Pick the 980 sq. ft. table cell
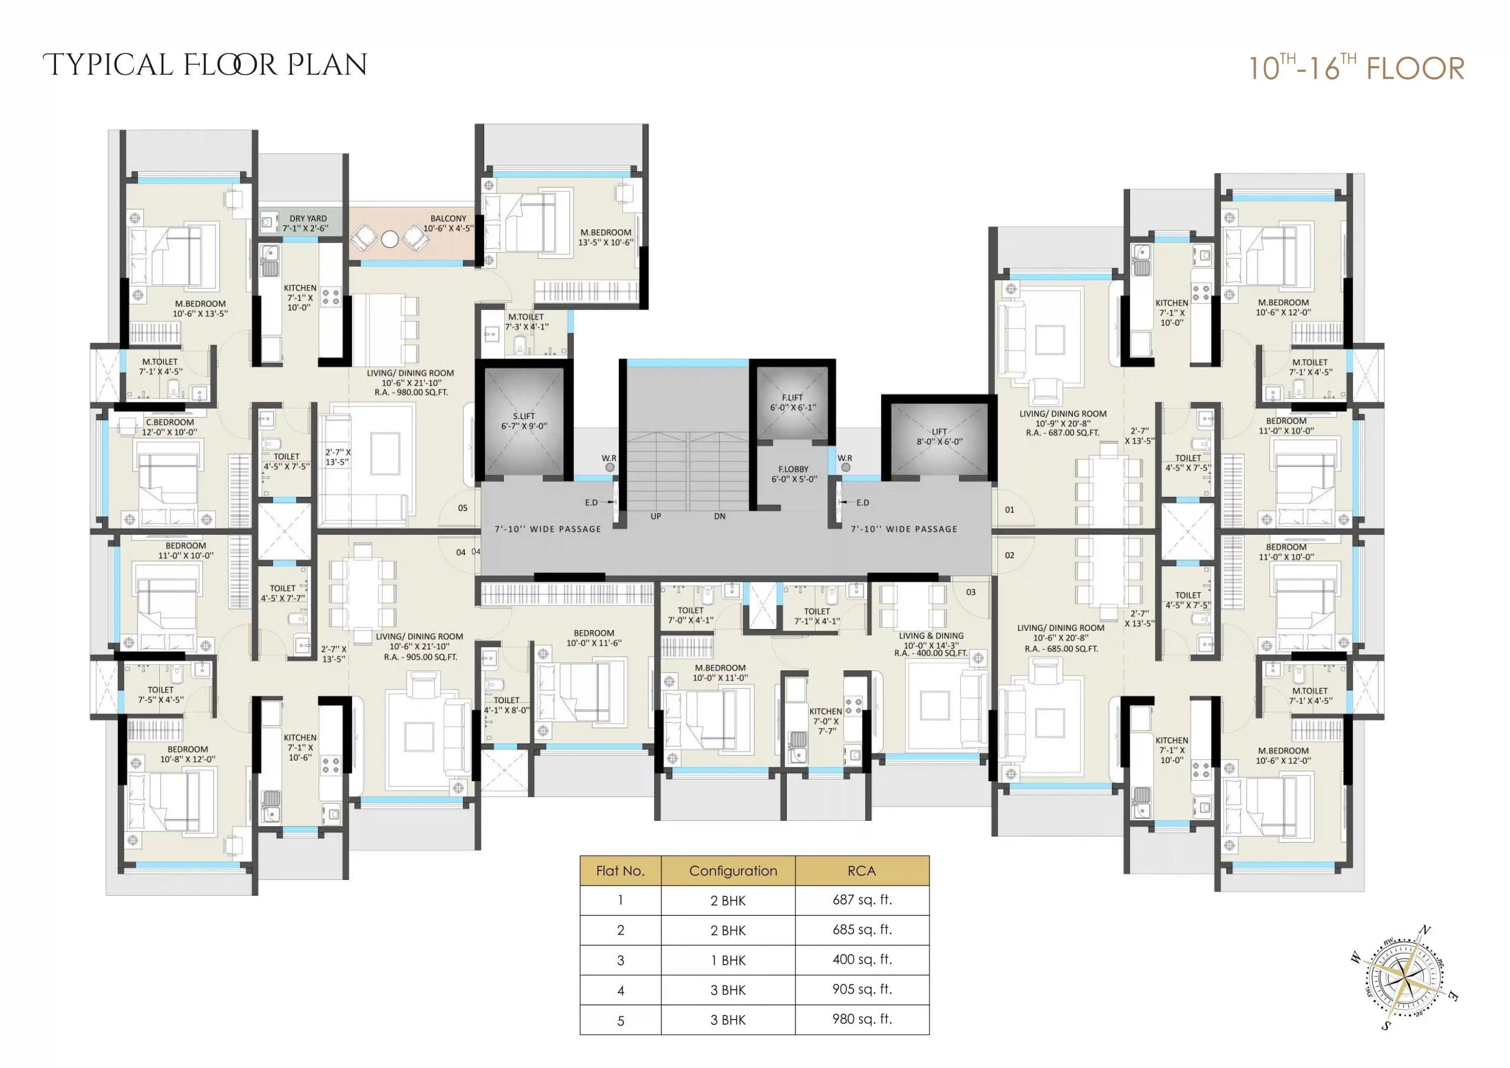pyautogui.click(x=862, y=1019)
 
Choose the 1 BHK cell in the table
pyautogui.click(x=728, y=960)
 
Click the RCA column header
pyautogui.click(x=862, y=870)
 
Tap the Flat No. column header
pyautogui.click(x=620, y=870)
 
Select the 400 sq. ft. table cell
pyautogui.click(x=862, y=959)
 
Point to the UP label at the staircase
pyautogui.click(x=656, y=516)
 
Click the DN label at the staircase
pyautogui.click(x=720, y=516)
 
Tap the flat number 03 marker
pyautogui.click(x=971, y=592)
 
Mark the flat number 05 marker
pyautogui.click(x=463, y=508)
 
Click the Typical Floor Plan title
pyautogui.click(x=205, y=65)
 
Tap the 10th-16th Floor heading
pyautogui.click(x=1356, y=67)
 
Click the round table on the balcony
pyautogui.click(x=390, y=239)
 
